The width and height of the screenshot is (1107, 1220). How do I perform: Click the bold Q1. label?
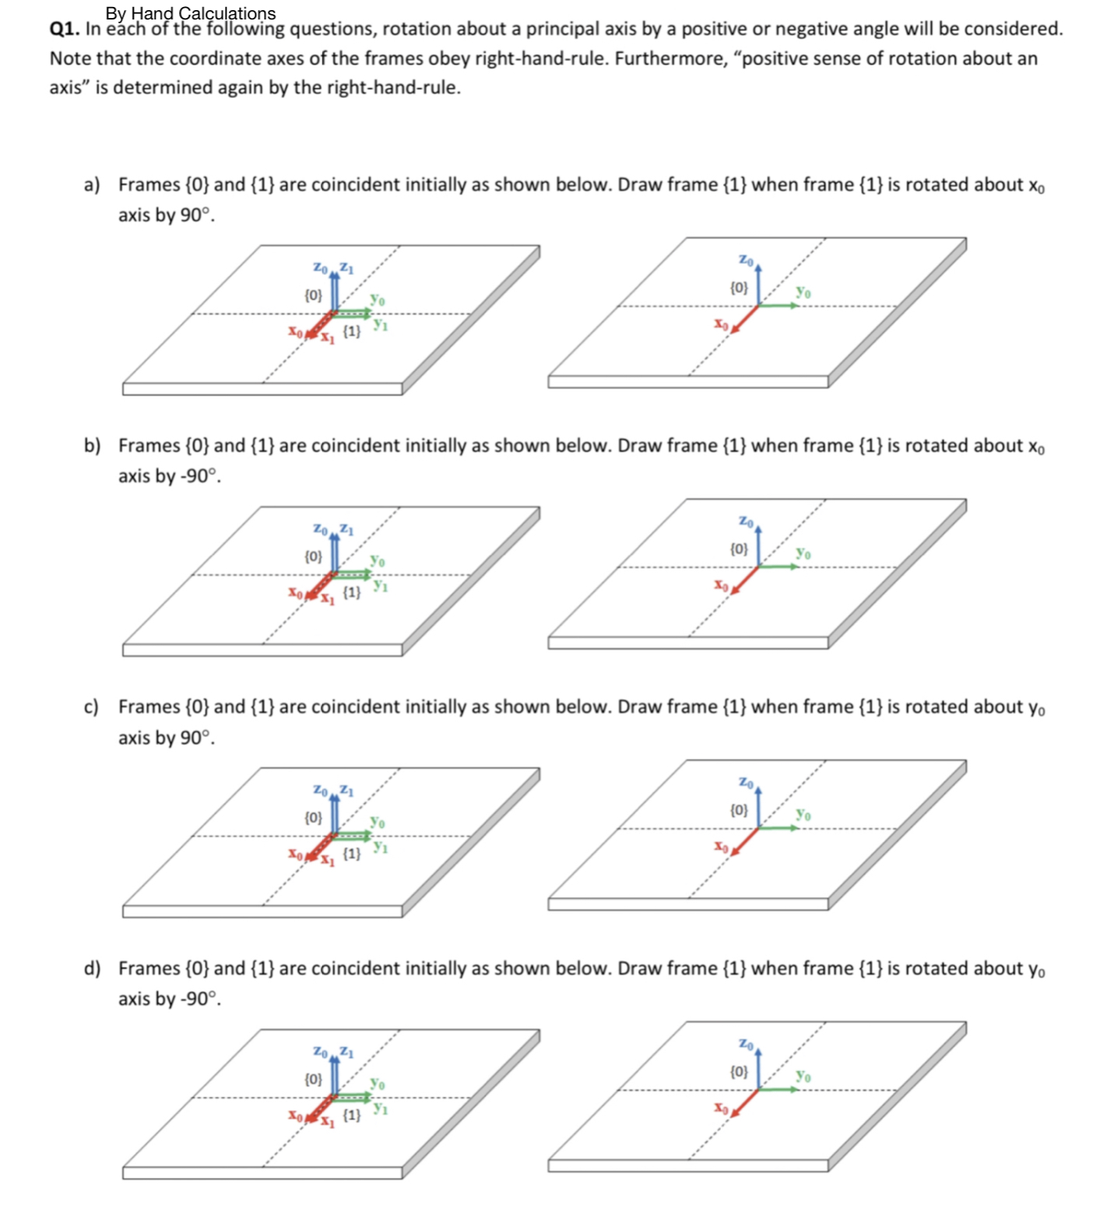pyautogui.click(x=65, y=30)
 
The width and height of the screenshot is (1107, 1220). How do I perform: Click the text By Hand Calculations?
pyautogui.click(x=190, y=12)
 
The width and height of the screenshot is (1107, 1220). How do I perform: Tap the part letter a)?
pyautogui.click(x=92, y=185)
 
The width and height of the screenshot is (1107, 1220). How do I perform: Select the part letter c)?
pyautogui.click(x=92, y=707)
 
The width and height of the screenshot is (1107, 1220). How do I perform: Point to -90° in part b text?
pyautogui.click(x=200, y=476)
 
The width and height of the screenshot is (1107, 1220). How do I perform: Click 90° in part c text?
pyautogui.click(x=197, y=738)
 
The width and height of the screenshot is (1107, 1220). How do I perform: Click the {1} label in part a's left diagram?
pyautogui.click(x=352, y=331)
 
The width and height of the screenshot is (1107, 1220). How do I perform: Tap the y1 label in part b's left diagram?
pyautogui.click(x=381, y=584)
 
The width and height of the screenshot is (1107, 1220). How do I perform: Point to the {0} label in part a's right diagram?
pyautogui.click(x=739, y=287)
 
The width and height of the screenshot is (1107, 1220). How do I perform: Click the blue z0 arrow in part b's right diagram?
pyautogui.click(x=759, y=545)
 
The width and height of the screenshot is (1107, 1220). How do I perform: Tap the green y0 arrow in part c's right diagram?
pyautogui.click(x=778, y=828)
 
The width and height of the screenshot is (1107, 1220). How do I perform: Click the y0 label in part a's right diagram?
pyautogui.click(x=803, y=292)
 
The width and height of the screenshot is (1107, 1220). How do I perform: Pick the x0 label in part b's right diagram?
pyautogui.click(x=722, y=584)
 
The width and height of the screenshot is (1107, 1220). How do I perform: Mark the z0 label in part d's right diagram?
pyautogui.click(x=745, y=1042)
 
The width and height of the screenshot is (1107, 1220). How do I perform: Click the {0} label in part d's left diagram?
pyautogui.click(x=312, y=1079)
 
